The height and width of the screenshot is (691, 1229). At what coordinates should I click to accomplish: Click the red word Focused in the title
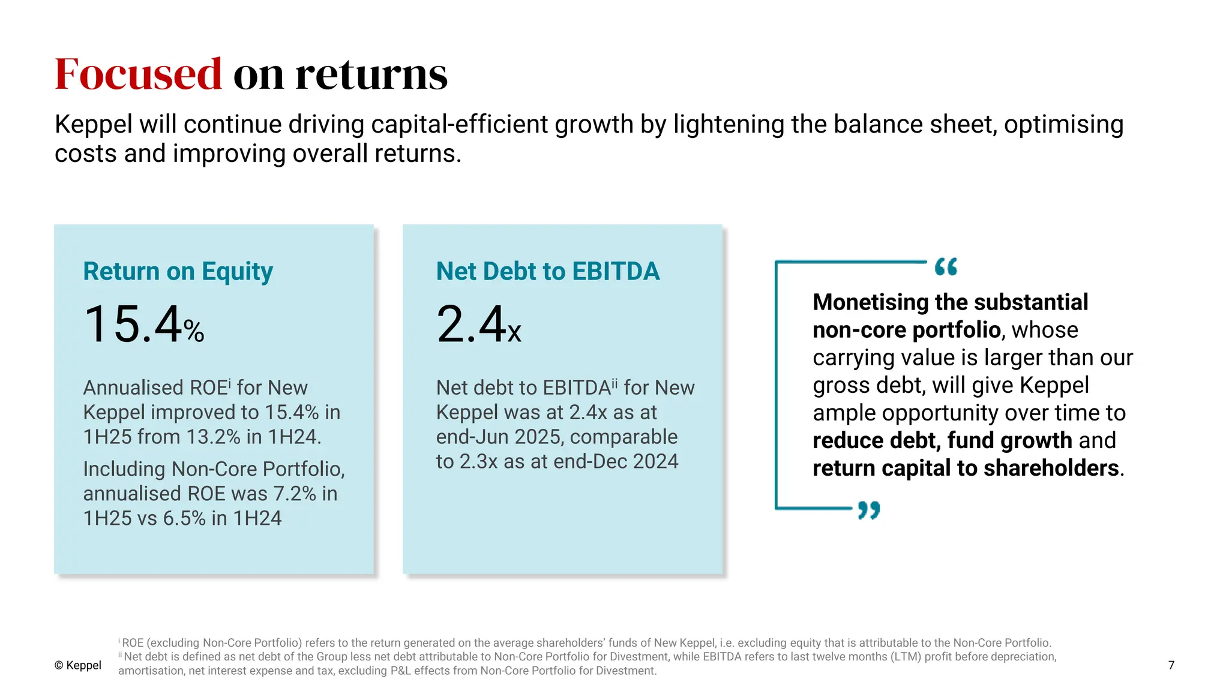point(138,74)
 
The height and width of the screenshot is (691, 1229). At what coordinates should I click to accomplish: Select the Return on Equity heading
point(178,271)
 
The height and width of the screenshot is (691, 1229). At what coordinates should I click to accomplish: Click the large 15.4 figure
point(133,325)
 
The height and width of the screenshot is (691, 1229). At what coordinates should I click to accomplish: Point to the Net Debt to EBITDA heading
point(547,271)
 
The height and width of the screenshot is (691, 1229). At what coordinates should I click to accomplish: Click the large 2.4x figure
point(478,325)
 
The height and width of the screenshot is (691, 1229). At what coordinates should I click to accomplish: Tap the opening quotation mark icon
point(946,266)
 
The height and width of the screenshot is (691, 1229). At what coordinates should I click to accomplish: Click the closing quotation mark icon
point(868,510)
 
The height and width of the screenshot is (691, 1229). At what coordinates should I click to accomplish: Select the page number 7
point(1171,665)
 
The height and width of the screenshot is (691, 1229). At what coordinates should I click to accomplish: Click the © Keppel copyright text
point(78,665)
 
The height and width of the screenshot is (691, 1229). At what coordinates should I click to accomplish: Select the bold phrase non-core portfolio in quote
point(906,330)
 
